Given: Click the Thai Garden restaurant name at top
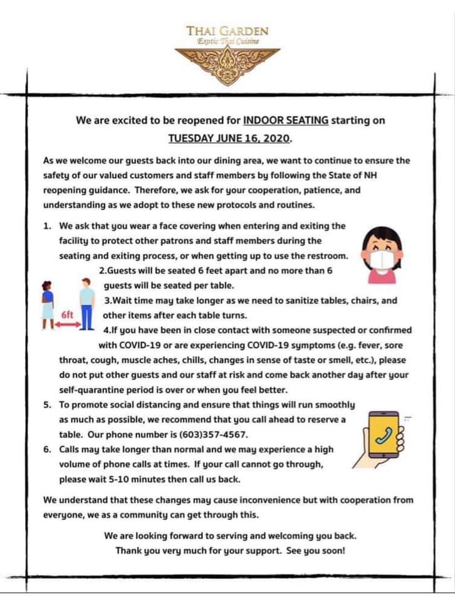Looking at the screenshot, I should pyautogui.click(x=227, y=31).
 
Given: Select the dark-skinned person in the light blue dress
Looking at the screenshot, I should pyautogui.click(x=48, y=305).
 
